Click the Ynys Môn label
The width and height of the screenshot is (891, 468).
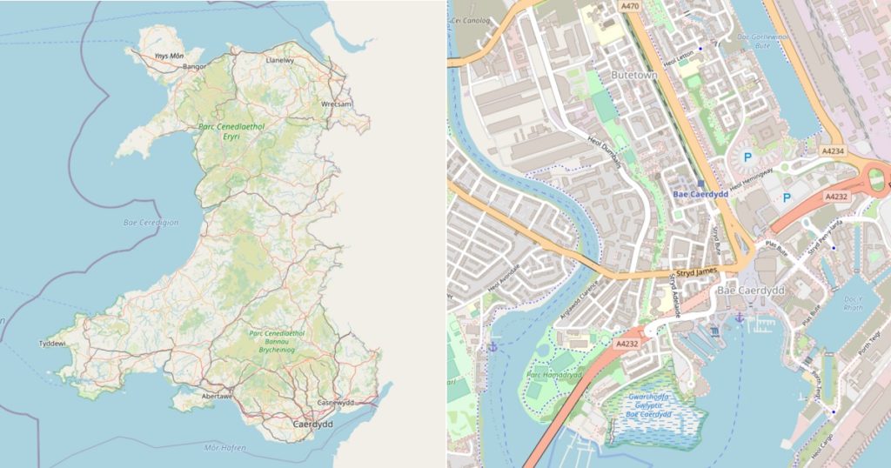168,56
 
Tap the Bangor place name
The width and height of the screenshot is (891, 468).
194,66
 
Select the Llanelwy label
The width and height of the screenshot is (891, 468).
280,61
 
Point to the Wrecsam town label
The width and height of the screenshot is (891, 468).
336,104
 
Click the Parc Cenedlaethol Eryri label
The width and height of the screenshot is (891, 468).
231,131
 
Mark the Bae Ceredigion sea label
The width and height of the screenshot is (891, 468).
151,223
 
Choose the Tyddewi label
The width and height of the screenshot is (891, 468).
52,344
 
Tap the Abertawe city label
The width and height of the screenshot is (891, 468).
217,395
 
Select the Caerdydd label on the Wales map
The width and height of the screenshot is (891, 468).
314,425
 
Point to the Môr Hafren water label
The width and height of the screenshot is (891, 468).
224,448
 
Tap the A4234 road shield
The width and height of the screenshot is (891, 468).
833,151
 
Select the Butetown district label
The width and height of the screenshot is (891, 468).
633,76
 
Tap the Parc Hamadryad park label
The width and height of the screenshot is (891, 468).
554,375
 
